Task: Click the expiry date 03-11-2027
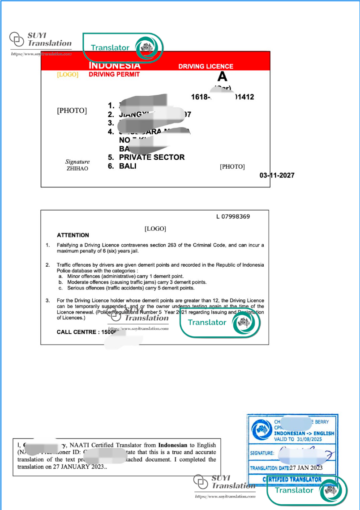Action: pyautogui.click(x=277, y=175)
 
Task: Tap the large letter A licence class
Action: pyautogui.click(x=223, y=77)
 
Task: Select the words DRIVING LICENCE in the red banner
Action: pyautogui.click(x=206, y=66)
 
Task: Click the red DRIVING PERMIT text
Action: pyautogui.click(x=114, y=74)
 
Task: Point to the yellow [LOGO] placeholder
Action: pyautogui.click(x=67, y=75)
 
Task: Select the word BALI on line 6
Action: pyautogui.click(x=128, y=166)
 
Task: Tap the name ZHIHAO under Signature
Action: pyautogui.click(x=77, y=169)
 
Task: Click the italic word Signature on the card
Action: pyautogui.click(x=77, y=161)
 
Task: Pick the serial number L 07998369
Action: pyautogui.click(x=233, y=217)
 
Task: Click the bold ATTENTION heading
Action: pyautogui.click(x=73, y=235)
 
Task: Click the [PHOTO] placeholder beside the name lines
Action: pyautogui.click(x=72, y=110)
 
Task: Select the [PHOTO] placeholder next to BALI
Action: pyautogui.click(x=232, y=167)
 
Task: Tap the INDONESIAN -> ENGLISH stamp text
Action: pyautogui.click(x=304, y=433)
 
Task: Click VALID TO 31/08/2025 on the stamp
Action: pyautogui.click(x=299, y=440)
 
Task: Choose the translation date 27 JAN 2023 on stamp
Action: pyautogui.click(x=306, y=467)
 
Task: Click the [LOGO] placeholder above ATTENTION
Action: pyautogui.click(x=155, y=229)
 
